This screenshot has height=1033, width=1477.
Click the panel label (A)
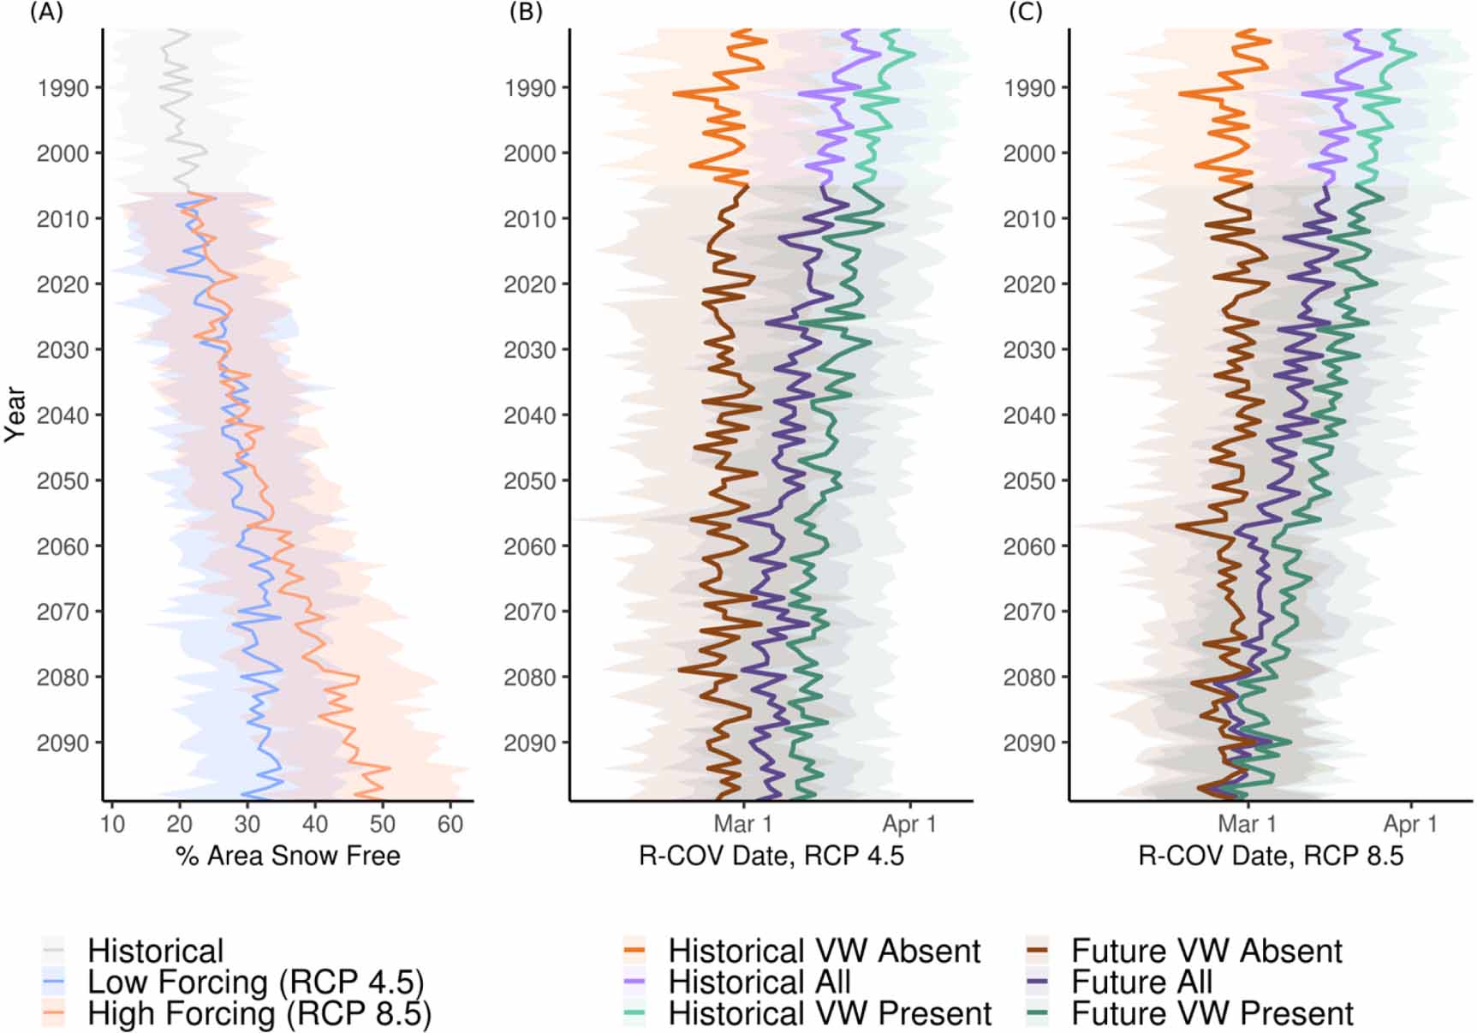[46, 13]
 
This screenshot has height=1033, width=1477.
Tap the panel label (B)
[525, 13]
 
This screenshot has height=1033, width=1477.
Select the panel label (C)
[1025, 13]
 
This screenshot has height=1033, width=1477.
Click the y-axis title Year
[15, 415]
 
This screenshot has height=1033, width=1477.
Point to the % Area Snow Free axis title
[288, 856]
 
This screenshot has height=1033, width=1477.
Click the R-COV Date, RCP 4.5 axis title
[771, 856]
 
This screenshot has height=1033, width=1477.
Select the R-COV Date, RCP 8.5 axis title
[1271, 856]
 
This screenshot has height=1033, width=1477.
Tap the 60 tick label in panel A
[450, 825]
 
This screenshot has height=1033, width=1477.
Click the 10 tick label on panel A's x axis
[112, 825]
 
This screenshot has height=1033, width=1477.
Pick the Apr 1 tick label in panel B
[909, 825]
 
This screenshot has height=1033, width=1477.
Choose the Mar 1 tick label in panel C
[1247, 825]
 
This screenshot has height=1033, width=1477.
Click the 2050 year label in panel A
[63, 481]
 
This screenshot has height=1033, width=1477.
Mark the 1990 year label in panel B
[530, 88]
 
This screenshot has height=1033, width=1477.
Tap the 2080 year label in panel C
[1030, 678]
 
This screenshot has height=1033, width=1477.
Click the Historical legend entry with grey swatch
[155, 951]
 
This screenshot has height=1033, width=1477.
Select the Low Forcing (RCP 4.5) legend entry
[255, 982]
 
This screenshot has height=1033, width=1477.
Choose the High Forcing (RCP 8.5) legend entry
[259, 1014]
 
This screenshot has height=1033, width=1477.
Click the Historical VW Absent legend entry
[824, 951]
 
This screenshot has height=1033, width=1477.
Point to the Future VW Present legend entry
[1212, 1014]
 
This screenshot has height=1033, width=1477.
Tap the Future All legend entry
[1141, 982]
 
